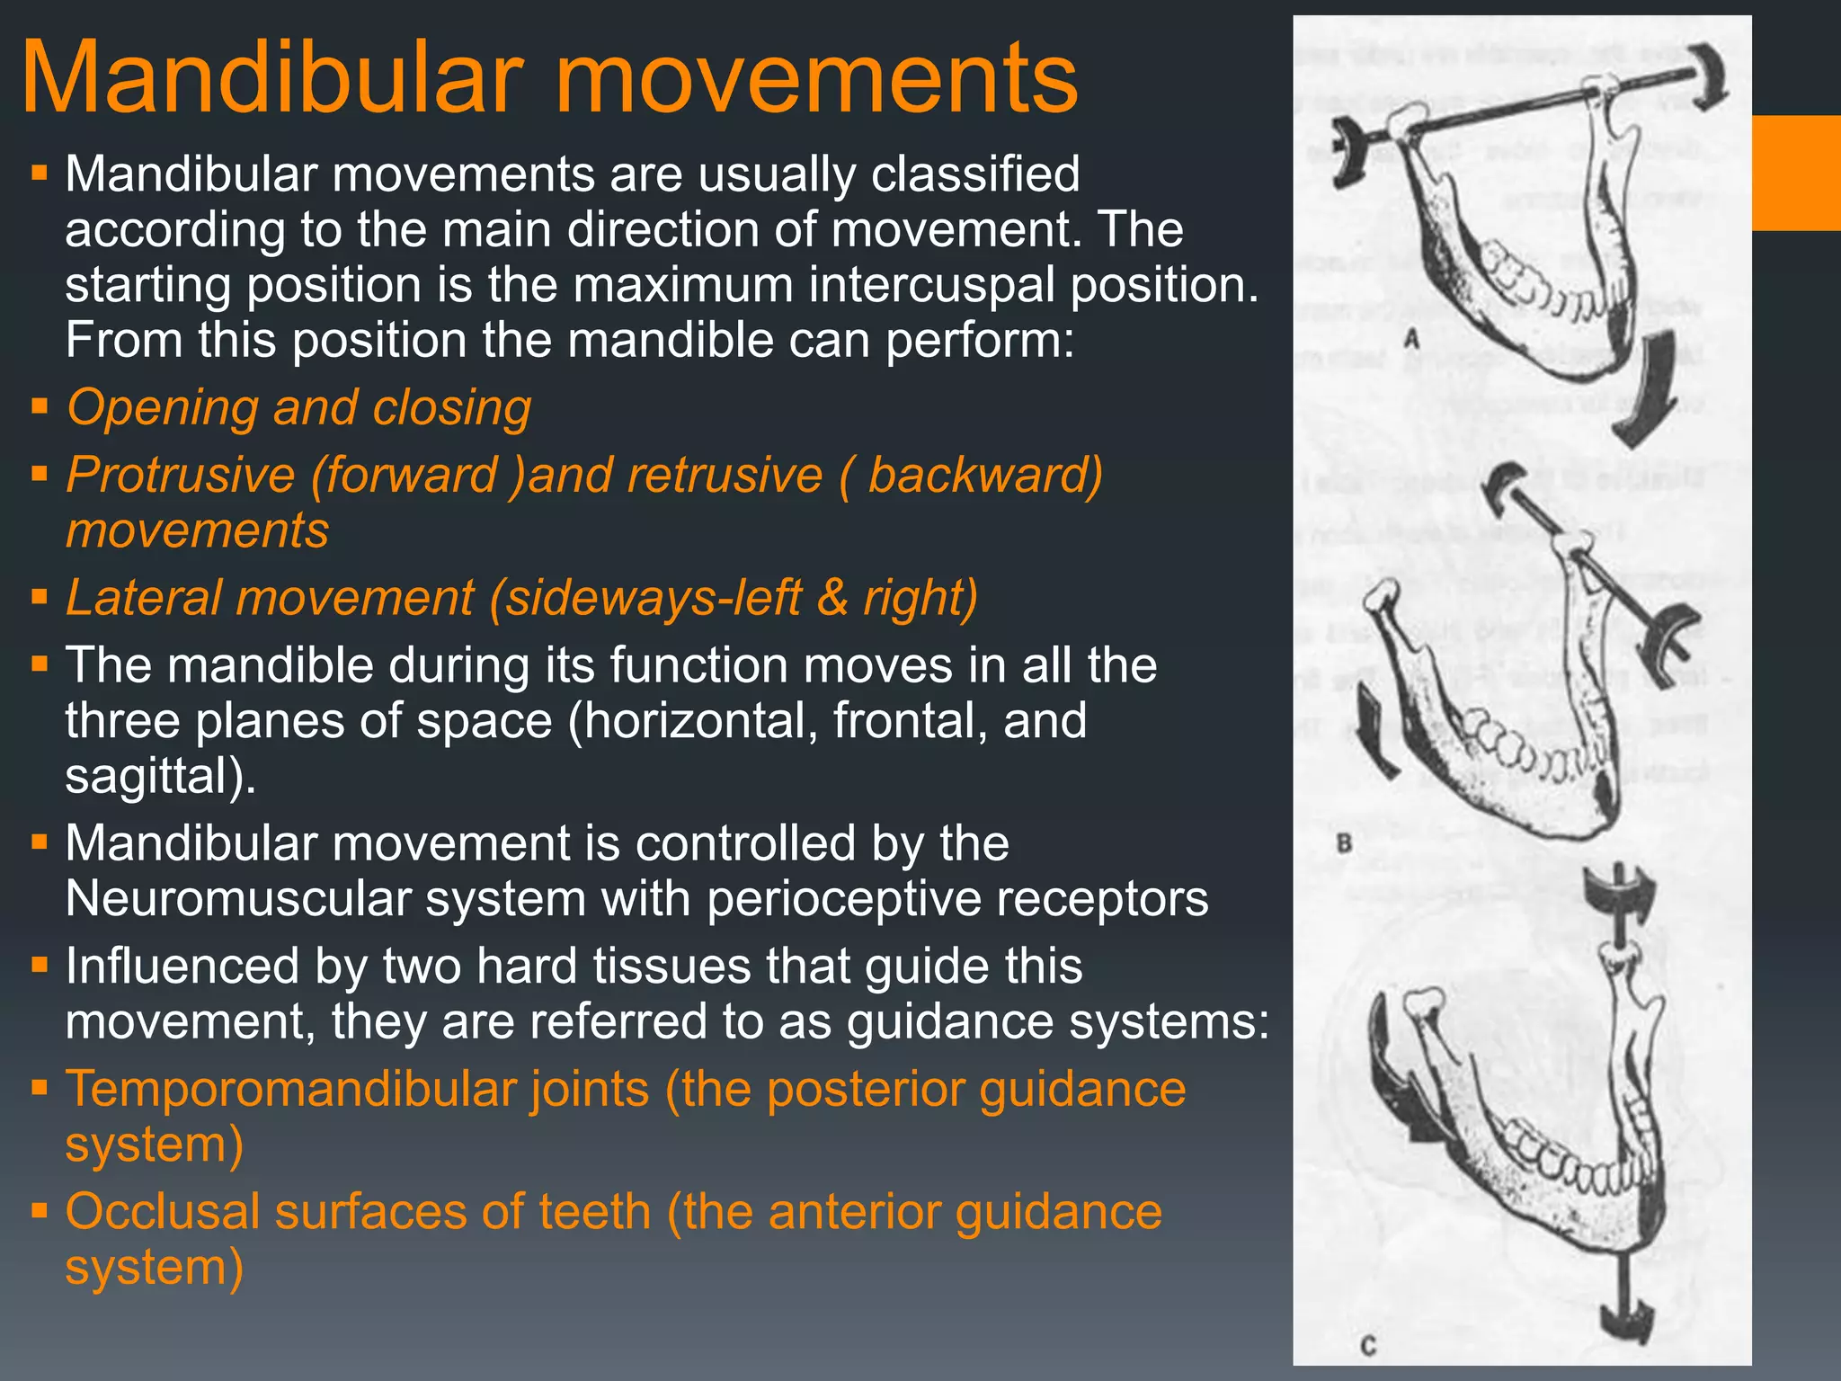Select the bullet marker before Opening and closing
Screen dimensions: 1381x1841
click(39, 405)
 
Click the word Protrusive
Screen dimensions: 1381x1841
click(180, 476)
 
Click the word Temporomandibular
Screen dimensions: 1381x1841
click(356, 1089)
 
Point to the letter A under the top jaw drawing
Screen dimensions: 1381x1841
click(1412, 340)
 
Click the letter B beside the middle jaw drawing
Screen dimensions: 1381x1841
click(1345, 843)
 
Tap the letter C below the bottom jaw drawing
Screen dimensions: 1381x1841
click(1368, 1346)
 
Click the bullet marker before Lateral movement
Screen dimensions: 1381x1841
click(39, 596)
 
